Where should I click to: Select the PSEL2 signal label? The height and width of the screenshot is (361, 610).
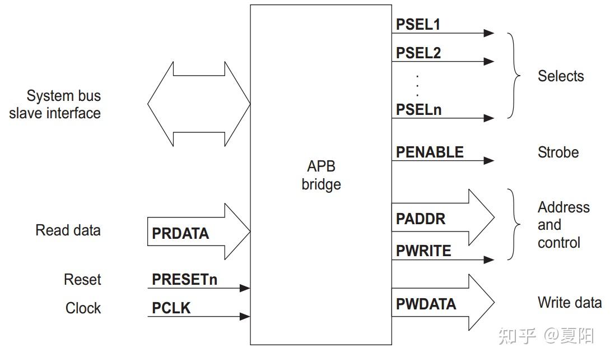418,53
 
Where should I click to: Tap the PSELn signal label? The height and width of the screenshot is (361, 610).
418,109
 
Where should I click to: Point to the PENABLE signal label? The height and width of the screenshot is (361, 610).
430,152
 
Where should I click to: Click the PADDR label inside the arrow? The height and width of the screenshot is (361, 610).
421,219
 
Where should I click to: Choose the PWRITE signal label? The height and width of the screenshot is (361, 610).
423,251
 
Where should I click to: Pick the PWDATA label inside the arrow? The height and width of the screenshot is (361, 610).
426,304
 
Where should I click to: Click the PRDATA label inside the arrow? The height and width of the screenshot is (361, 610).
180,233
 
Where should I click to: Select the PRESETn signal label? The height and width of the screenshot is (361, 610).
184,279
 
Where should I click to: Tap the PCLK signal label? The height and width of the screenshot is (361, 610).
171,308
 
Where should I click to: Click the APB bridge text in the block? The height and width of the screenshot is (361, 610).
320,175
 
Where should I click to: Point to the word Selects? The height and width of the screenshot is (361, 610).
560,76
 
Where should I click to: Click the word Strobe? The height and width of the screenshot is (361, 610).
558,152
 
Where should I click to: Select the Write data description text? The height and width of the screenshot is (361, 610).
569,303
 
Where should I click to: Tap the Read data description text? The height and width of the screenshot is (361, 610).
68,230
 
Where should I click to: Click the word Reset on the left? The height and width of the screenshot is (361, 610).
82,279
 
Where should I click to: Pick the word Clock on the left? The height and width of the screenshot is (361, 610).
83,308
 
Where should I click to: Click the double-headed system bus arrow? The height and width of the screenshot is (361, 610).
199,104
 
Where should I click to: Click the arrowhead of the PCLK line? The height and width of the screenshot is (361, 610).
245,317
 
